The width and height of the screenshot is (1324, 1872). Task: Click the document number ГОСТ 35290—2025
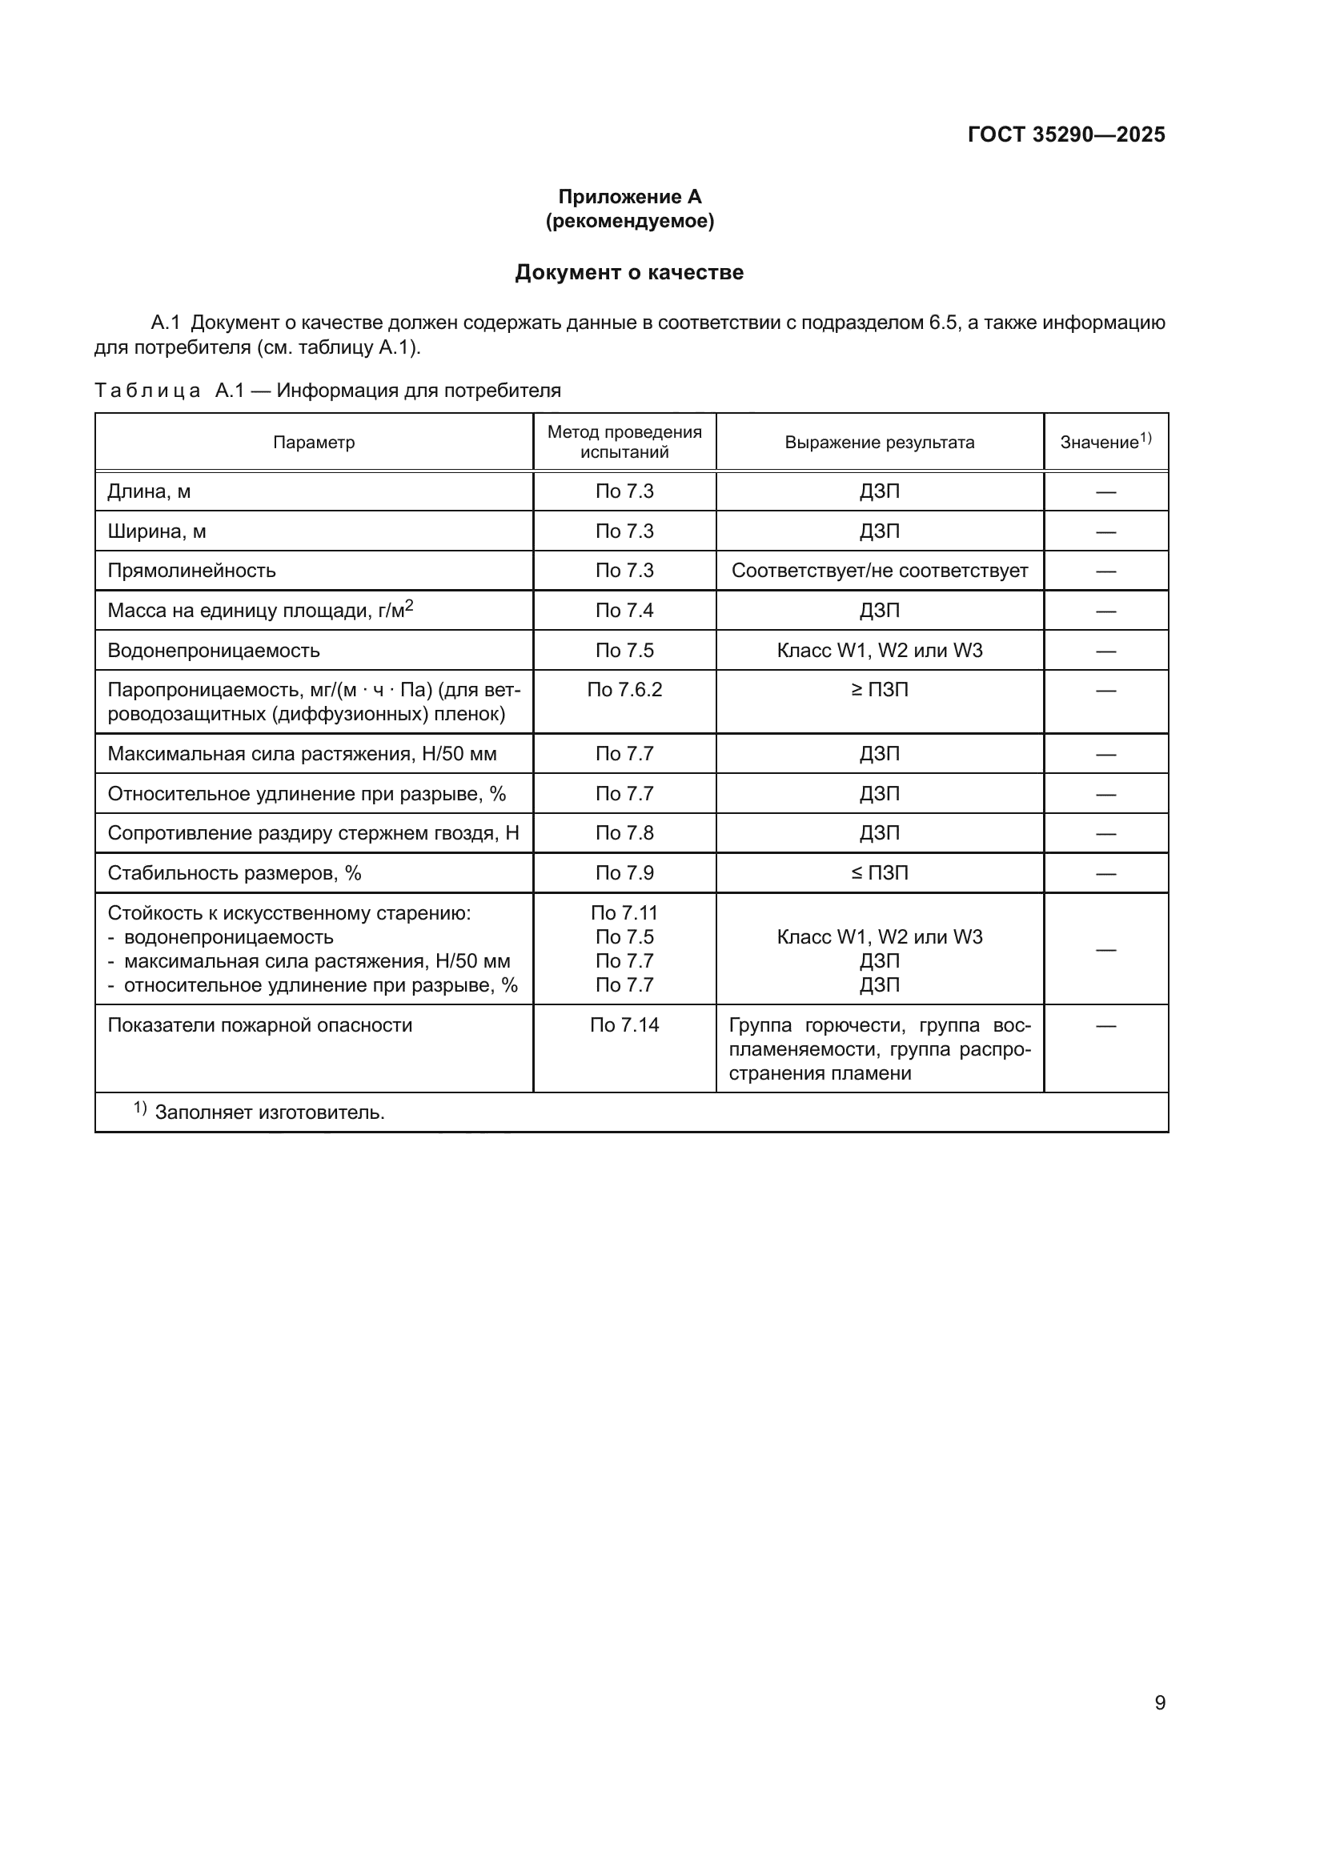[1065, 134]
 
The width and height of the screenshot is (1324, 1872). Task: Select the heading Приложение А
[628, 197]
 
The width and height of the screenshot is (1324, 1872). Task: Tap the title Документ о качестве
[628, 272]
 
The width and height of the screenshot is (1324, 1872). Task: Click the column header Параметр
[314, 443]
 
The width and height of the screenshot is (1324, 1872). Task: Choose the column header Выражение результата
[879, 443]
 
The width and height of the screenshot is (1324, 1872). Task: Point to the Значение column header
[1105, 442]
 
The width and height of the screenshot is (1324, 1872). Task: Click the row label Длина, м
[149, 491]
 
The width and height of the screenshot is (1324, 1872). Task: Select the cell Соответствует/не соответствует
[879, 571]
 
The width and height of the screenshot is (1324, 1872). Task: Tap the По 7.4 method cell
[624, 611]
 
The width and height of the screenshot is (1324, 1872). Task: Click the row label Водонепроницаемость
[214, 651]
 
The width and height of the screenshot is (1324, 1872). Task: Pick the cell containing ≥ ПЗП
[879, 690]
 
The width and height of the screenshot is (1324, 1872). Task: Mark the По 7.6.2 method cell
[624, 690]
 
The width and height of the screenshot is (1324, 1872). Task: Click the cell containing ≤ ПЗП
[879, 873]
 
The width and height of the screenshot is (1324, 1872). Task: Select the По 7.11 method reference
[624, 913]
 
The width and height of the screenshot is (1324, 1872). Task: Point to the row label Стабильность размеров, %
[234, 873]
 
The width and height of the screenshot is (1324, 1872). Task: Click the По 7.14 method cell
[624, 1025]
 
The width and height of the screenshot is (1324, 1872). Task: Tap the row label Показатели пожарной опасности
[259, 1025]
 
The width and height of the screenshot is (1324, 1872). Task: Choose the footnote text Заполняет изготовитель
[269, 1112]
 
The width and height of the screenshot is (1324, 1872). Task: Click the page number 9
[1159, 1702]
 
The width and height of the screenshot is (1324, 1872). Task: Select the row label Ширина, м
[157, 531]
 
